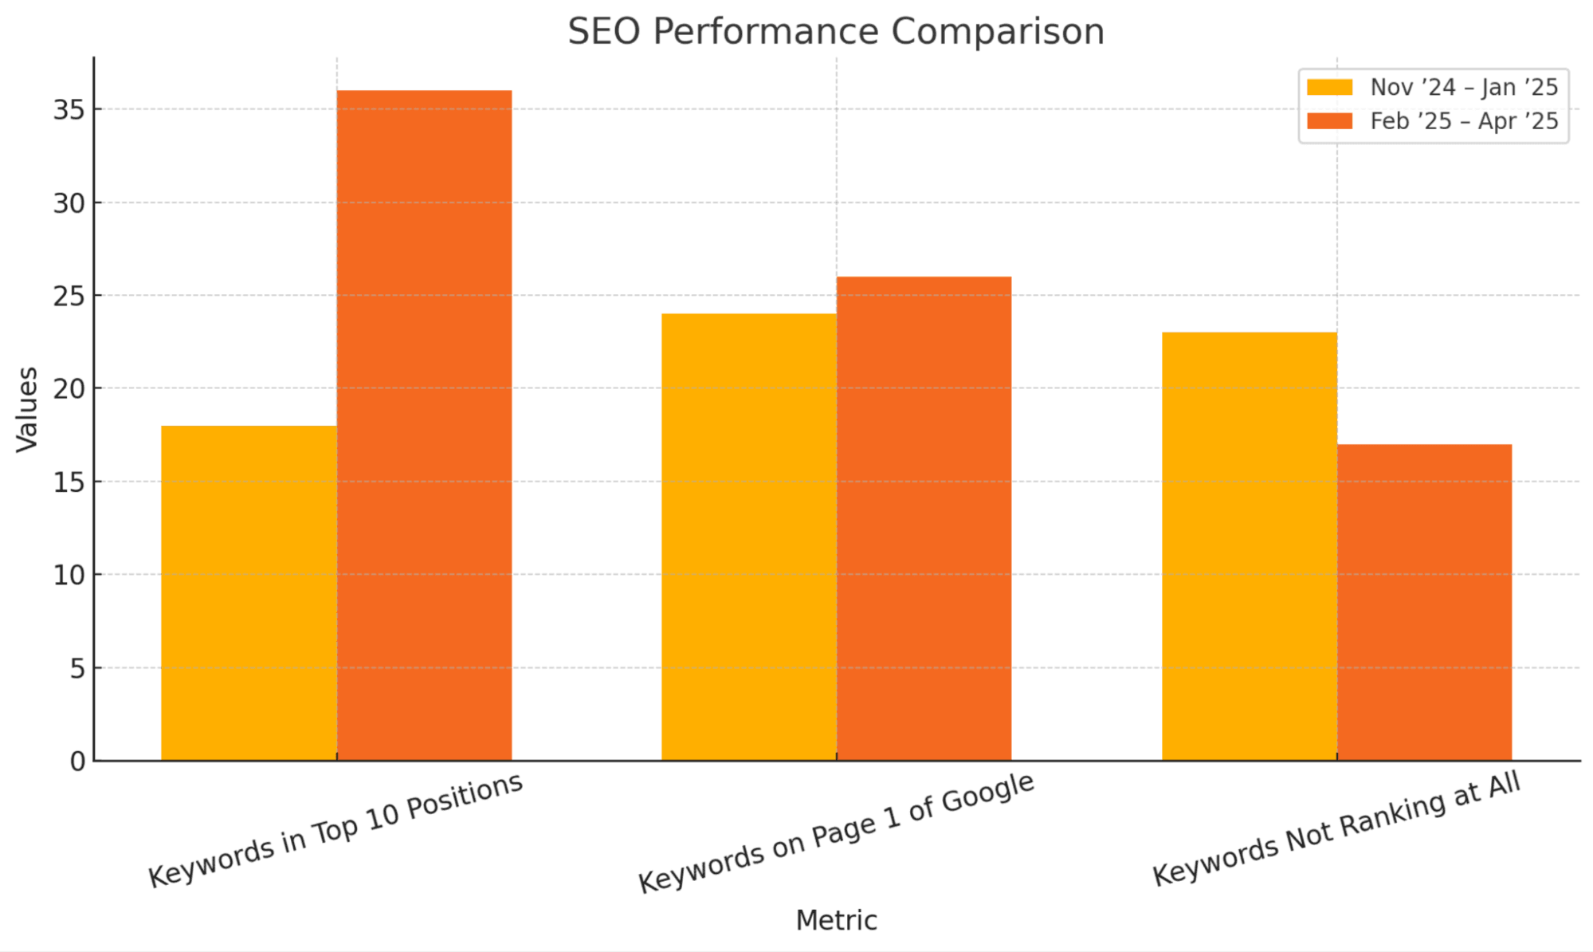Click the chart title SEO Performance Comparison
(x=836, y=32)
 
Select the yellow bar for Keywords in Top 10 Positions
(x=249, y=593)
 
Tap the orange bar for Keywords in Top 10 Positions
(x=424, y=426)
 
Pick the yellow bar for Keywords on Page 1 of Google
(x=748, y=537)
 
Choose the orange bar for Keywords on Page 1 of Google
(x=924, y=518)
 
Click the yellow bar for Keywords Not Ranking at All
(x=1249, y=546)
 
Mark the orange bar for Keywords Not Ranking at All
(x=1424, y=602)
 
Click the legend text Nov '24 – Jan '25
(x=1464, y=87)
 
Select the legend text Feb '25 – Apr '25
(x=1464, y=121)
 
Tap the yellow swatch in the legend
(x=1329, y=87)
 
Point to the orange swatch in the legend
(x=1329, y=121)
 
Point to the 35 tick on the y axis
(x=69, y=110)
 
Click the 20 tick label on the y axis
(x=69, y=389)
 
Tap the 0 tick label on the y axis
(x=77, y=762)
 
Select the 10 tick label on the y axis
(x=69, y=576)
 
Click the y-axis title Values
(x=27, y=410)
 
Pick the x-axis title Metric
(x=836, y=921)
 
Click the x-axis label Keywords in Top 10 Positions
(x=335, y=830)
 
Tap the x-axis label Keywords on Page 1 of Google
(x=836, y=832)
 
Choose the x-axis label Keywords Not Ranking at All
(x=1336, y=829)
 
